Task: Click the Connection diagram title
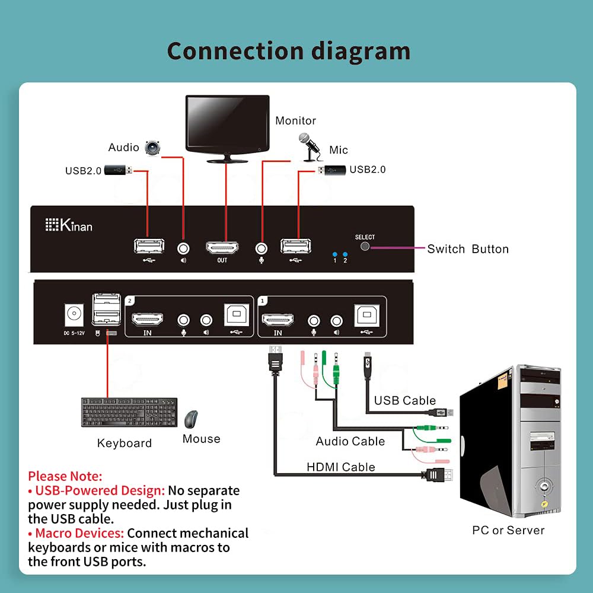click(289, 51)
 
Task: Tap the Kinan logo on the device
click(69, 225)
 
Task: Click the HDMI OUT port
click(222, 247)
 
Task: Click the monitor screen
click(227, 124)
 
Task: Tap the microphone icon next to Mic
click(307, 146)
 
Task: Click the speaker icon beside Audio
click(153, 146)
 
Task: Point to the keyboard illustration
click(129, 412)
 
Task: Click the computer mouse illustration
click(191, 420)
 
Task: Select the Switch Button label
click(468, 249)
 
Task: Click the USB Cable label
click(404, 400)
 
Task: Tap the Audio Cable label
click(350, 441)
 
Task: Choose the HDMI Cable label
click(340, 467)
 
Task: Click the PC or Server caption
click(508, 530)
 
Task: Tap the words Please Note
click(65, 476)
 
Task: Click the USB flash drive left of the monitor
click(119, 170)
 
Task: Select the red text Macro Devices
click(79, 533)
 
